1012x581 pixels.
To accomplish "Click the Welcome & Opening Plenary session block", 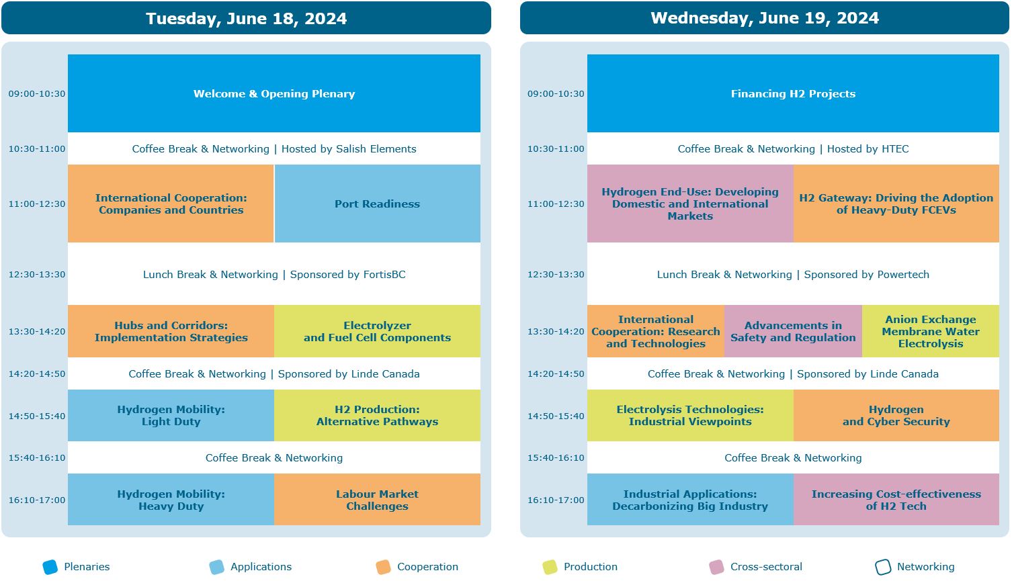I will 274,93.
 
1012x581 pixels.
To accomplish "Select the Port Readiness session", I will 377,204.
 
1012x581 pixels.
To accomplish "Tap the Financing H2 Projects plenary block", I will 793,93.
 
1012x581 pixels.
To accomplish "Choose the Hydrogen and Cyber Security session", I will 896,416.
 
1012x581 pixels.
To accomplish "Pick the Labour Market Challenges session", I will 377,500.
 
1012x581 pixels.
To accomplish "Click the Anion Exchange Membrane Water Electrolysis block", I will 930,331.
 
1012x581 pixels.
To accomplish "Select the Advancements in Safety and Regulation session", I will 793,331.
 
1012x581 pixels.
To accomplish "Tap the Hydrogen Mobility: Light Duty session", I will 171,416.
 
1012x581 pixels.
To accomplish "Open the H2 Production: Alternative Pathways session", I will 377,416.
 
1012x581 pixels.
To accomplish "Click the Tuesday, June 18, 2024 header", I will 246,18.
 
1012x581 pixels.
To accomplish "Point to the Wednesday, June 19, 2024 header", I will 765,18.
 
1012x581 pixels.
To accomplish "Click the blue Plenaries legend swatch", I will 50,567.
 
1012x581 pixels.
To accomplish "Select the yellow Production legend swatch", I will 550,567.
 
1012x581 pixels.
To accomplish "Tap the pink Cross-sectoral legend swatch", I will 717,567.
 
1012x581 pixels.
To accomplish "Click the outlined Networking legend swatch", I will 883,567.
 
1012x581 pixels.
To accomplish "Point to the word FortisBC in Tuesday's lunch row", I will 384,274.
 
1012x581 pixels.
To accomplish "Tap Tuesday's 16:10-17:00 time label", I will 37,500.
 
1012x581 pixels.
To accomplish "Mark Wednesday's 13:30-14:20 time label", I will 556,331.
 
